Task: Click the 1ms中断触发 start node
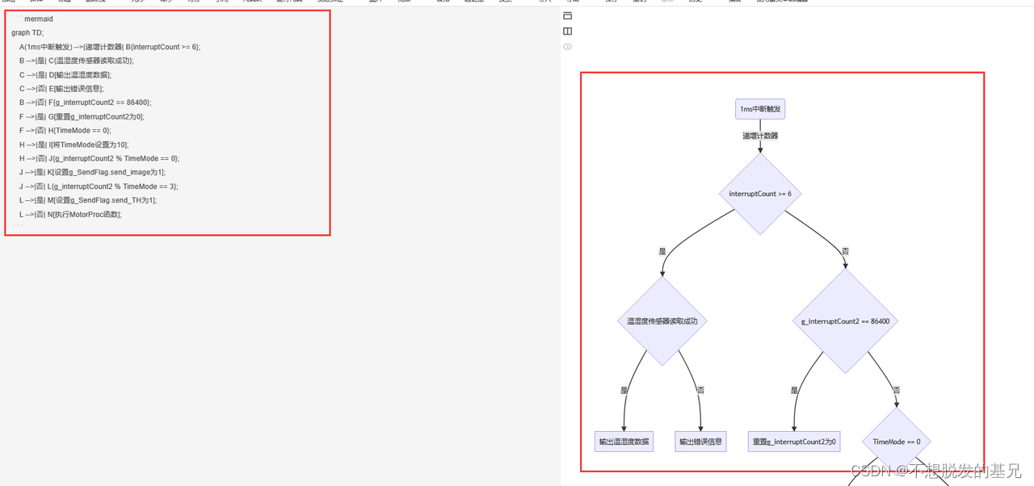[760, 109]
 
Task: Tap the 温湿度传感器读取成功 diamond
[662, 321]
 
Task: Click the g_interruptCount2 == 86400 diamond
[845, 321]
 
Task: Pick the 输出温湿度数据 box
[624, 442]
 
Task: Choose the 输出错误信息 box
[700, 442]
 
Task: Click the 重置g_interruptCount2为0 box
[795, 442]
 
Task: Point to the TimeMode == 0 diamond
[896, 442]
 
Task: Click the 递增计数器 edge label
[760, 136]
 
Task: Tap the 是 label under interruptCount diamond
[662, 252]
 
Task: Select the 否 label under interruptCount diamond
[845, 252]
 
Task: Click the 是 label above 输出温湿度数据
[624, 390]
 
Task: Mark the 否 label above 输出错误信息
[700, 390]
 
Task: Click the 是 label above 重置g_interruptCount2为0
[795, 390]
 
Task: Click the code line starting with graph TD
[27, 33]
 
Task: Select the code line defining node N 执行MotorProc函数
[70, 215]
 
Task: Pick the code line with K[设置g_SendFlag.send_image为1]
[92, 173]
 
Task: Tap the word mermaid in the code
[39, 19]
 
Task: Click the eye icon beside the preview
[568, 47]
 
